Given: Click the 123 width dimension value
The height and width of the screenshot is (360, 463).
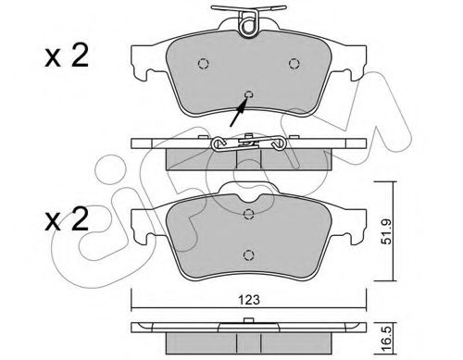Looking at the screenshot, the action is click(x=249, y=300).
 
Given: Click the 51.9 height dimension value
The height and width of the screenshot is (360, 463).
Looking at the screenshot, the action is click(x=386, y=231).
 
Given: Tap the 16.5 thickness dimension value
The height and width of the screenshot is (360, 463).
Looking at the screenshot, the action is click(x=386, y=339).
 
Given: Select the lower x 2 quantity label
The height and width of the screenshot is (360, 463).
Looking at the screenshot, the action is click(x=67, y=219).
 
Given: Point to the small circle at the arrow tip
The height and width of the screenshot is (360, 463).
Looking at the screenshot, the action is click(x=248, y=94).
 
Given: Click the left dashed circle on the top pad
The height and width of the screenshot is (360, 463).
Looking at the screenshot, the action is click(x=203, y=64).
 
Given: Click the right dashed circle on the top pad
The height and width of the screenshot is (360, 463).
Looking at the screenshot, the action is click(x=294, y=64).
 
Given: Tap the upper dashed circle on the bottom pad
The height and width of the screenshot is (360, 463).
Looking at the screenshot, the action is click(x=248, y=214).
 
